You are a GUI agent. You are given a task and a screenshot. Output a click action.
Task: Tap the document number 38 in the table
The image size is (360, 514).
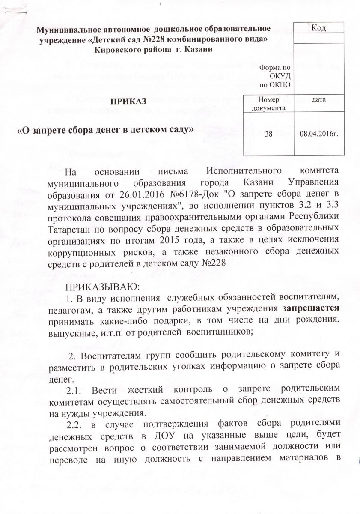pos(268,134)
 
